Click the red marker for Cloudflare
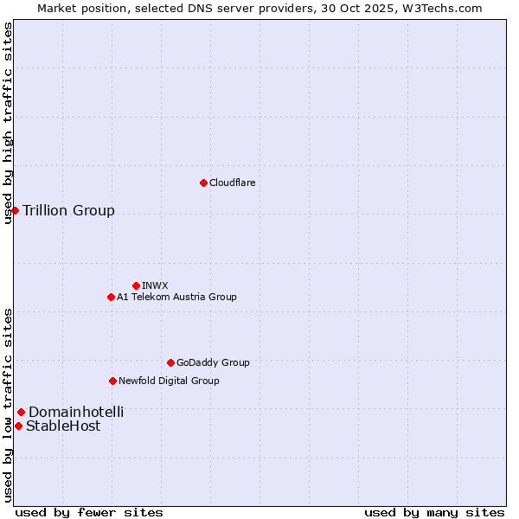point(203,183)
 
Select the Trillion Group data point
point(15,210)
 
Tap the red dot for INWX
point(136,285)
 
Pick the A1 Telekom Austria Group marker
point(111,297)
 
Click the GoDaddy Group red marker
point(170,362)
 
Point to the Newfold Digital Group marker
point(112,381)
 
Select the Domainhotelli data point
point(21,412)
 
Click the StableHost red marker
point(18,426)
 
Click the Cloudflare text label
point(232,183)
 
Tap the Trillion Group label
point(68,210)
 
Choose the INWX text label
point(155,285)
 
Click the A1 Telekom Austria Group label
point(176,297)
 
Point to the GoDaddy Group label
point(213,362)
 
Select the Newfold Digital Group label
point(169,381)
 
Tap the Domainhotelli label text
point(76,412)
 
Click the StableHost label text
point(63,426)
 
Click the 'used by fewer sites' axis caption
point(89,512)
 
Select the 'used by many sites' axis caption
point(434,512)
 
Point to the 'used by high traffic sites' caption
point(8,123)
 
